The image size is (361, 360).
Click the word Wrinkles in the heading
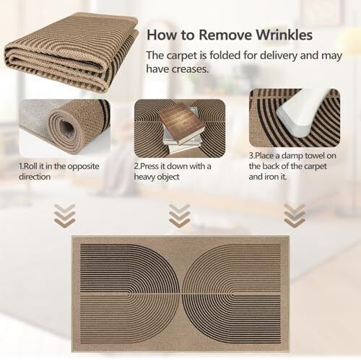[284, 35]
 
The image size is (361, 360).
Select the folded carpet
[71, 53]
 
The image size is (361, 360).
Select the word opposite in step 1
[83, 167]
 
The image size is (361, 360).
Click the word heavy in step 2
[143, 177]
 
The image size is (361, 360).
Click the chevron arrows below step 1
[64, 216]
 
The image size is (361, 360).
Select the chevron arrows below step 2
[180, 216]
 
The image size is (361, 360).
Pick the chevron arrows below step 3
[295, 216]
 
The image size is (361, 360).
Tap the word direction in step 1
[35, 177]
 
